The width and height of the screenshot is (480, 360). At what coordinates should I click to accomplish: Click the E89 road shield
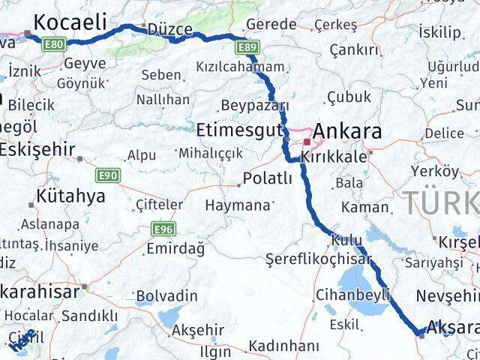(x=248, y=49)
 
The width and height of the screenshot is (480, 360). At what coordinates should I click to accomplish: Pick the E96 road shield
(x=163, y=228)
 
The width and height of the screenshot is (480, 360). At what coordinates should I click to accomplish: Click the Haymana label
(x=237, y=205)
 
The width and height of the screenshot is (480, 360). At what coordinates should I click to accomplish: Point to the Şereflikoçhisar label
(x=318, y=259)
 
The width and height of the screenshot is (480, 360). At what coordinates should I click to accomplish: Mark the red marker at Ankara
(x=307, y=140)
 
